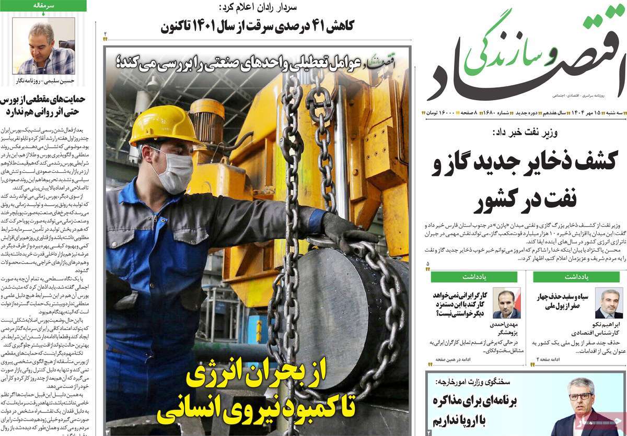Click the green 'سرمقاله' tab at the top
click(43, 6)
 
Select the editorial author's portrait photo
click(43, 46)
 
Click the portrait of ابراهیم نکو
click(609, 302)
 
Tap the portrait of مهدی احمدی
click(506, 302)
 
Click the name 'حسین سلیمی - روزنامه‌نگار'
click(43, 81)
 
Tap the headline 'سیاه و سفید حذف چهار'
click(563, 297)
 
